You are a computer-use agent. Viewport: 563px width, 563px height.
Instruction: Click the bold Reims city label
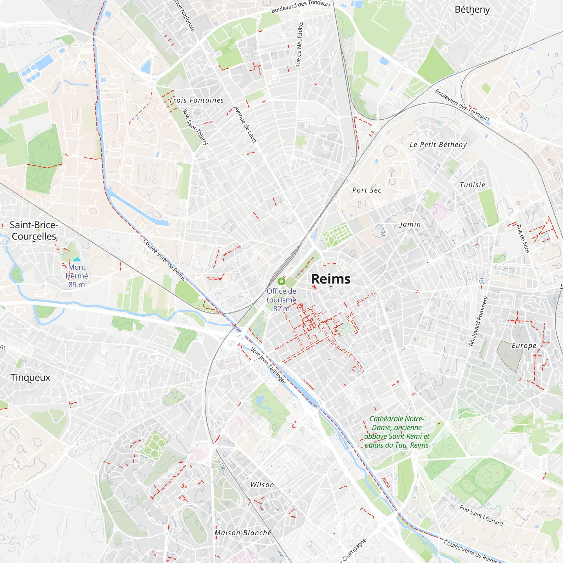tap(331, 279)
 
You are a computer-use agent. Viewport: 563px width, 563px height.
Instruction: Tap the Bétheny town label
tap(472, 9)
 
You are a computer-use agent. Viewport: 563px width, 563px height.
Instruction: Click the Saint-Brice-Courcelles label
tap(34, 231)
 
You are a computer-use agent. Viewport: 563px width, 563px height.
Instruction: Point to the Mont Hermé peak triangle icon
tap(77, 259)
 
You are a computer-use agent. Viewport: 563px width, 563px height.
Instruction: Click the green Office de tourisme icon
tap(281, 281)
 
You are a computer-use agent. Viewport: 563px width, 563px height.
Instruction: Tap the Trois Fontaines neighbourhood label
tap(196, 100)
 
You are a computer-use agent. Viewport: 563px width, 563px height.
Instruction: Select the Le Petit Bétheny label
tap(438, 144)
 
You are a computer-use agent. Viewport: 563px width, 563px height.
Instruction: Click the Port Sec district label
tap(367, 190)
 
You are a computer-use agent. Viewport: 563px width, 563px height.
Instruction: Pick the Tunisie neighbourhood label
tap(472, 185)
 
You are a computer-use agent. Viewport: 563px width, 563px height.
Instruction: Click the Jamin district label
tap(410, 224)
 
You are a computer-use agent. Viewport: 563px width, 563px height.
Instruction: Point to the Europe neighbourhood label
tap(524, 345)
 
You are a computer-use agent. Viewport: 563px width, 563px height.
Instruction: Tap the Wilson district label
tap(262, 485)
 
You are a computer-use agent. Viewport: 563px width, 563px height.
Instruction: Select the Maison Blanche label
tap(243, 533)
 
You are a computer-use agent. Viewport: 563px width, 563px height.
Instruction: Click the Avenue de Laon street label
tap(245, 124)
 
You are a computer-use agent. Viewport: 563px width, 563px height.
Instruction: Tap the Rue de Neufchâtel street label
tap(299, 44)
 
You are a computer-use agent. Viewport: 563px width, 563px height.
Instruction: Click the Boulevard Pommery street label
tap(478, 321)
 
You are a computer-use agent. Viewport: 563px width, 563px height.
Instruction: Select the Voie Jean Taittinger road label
tap(268, 365)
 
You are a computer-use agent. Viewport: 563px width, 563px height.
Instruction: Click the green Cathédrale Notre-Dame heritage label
tap(396, 432)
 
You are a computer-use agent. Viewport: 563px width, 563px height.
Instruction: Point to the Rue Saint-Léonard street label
tap(481, 515)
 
